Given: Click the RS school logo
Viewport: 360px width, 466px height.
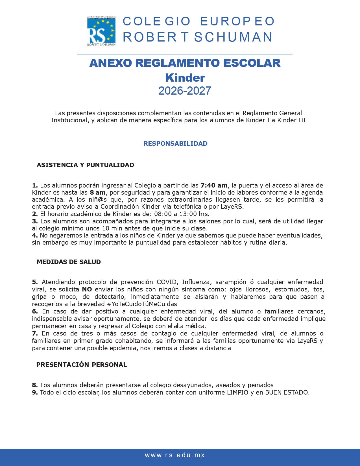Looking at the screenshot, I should [101, 31].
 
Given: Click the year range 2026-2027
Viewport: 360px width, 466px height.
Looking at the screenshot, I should [185, 91].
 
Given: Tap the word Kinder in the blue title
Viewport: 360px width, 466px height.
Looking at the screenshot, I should [185, 78].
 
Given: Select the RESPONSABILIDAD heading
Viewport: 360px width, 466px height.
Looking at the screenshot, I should [175, 143].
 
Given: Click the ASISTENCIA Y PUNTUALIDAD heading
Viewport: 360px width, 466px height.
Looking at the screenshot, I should [85, 165].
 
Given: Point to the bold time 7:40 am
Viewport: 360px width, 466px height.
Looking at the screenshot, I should [214, 185].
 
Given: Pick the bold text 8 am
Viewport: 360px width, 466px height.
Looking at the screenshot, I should [97, 192].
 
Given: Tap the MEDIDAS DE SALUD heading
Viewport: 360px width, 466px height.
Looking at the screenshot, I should [69, 262].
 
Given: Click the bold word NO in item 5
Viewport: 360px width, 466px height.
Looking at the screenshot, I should [87, 289].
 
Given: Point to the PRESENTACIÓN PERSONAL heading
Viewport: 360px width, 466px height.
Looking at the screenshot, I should [81, 365].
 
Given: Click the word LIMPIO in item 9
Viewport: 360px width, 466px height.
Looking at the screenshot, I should [237, 392].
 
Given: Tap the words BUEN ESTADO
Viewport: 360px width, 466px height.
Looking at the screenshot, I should [287, 392].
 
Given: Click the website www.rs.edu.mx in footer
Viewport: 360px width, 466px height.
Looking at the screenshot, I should [175, 455].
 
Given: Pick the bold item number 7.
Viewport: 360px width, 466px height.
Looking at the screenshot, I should [35, 333].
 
